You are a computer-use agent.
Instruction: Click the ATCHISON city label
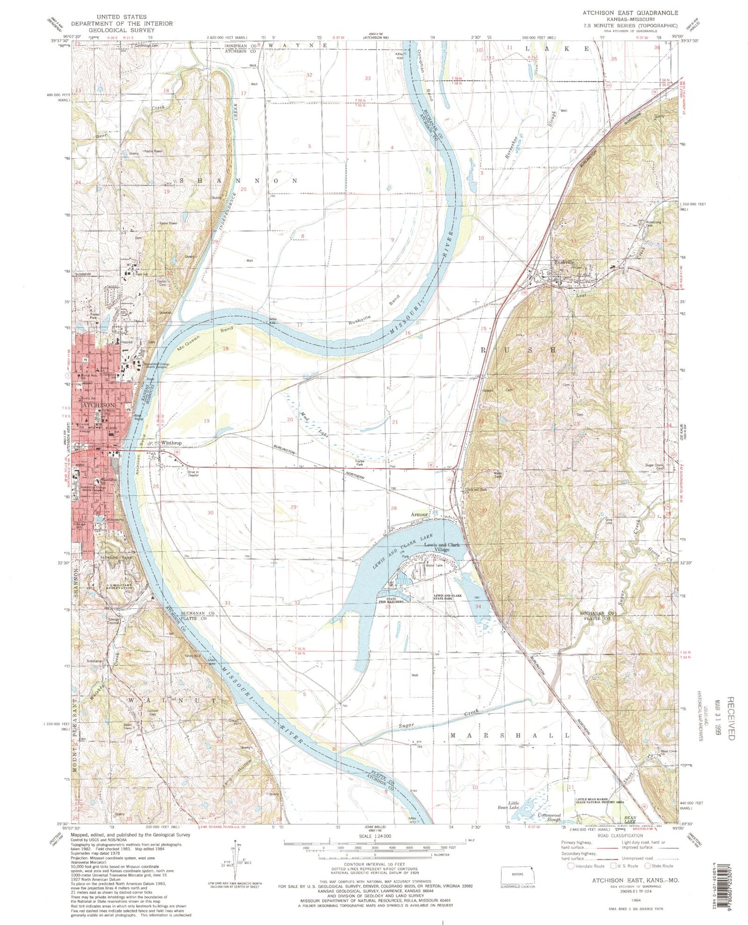tap(98, 405)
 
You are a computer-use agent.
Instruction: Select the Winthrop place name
tap(171, 443)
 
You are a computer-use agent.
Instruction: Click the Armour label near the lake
tap(419, 514)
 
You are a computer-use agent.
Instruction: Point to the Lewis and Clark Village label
tap(441, 547)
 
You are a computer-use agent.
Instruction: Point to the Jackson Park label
tap(116, 557)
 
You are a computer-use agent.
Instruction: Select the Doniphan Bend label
tap(424, 74)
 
